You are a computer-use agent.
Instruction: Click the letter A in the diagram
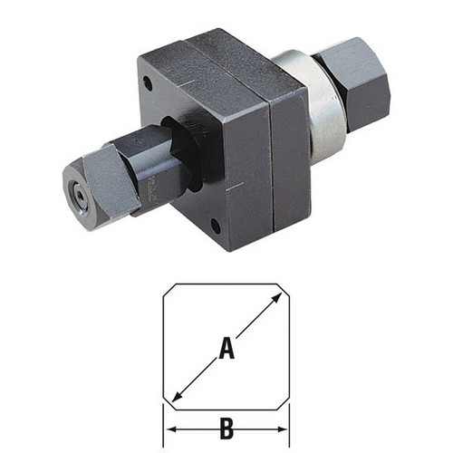tap(226, 349)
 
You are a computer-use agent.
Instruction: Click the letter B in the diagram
tap(226, 429)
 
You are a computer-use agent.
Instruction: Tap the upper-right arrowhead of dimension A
tap(275, 300)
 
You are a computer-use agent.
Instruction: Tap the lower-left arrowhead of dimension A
tap(177, 396)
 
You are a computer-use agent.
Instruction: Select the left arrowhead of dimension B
tap(172, 429)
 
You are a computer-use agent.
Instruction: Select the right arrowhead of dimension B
tap(282, 429)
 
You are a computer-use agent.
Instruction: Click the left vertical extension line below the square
tap(163, 425)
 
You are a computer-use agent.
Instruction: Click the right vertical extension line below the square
tap(290, 425)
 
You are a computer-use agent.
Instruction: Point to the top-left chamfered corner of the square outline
tap(169, 291)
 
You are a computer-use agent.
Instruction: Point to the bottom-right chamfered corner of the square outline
tap(284, 403)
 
